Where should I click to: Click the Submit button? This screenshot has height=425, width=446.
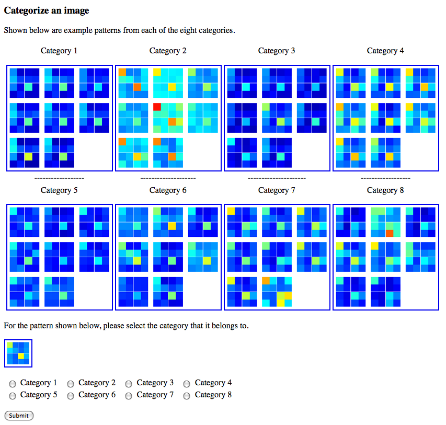19,416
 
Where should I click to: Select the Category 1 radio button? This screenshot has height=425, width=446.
13,384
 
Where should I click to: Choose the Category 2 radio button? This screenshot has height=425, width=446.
71,384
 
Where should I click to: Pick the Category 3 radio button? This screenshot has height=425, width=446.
129,384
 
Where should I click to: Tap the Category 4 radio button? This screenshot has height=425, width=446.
187,384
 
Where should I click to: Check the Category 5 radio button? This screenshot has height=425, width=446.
13,396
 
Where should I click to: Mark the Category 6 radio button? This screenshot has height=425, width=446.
71,396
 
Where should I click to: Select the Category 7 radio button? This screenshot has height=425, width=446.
129,396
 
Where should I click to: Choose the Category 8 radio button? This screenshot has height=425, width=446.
187,396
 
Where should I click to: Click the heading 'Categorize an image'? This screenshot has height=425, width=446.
47,10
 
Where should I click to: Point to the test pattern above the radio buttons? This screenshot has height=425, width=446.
18,353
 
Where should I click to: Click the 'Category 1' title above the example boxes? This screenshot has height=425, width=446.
59,51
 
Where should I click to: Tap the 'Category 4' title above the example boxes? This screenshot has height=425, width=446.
385,51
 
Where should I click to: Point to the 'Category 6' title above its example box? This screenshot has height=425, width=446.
168,190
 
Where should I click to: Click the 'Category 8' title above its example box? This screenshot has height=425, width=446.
385,190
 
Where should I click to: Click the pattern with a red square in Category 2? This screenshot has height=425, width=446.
168,118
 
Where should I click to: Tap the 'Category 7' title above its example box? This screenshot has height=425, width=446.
277,190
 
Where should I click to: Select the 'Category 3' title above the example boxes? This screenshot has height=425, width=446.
277,51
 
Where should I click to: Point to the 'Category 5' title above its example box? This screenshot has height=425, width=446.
59,190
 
